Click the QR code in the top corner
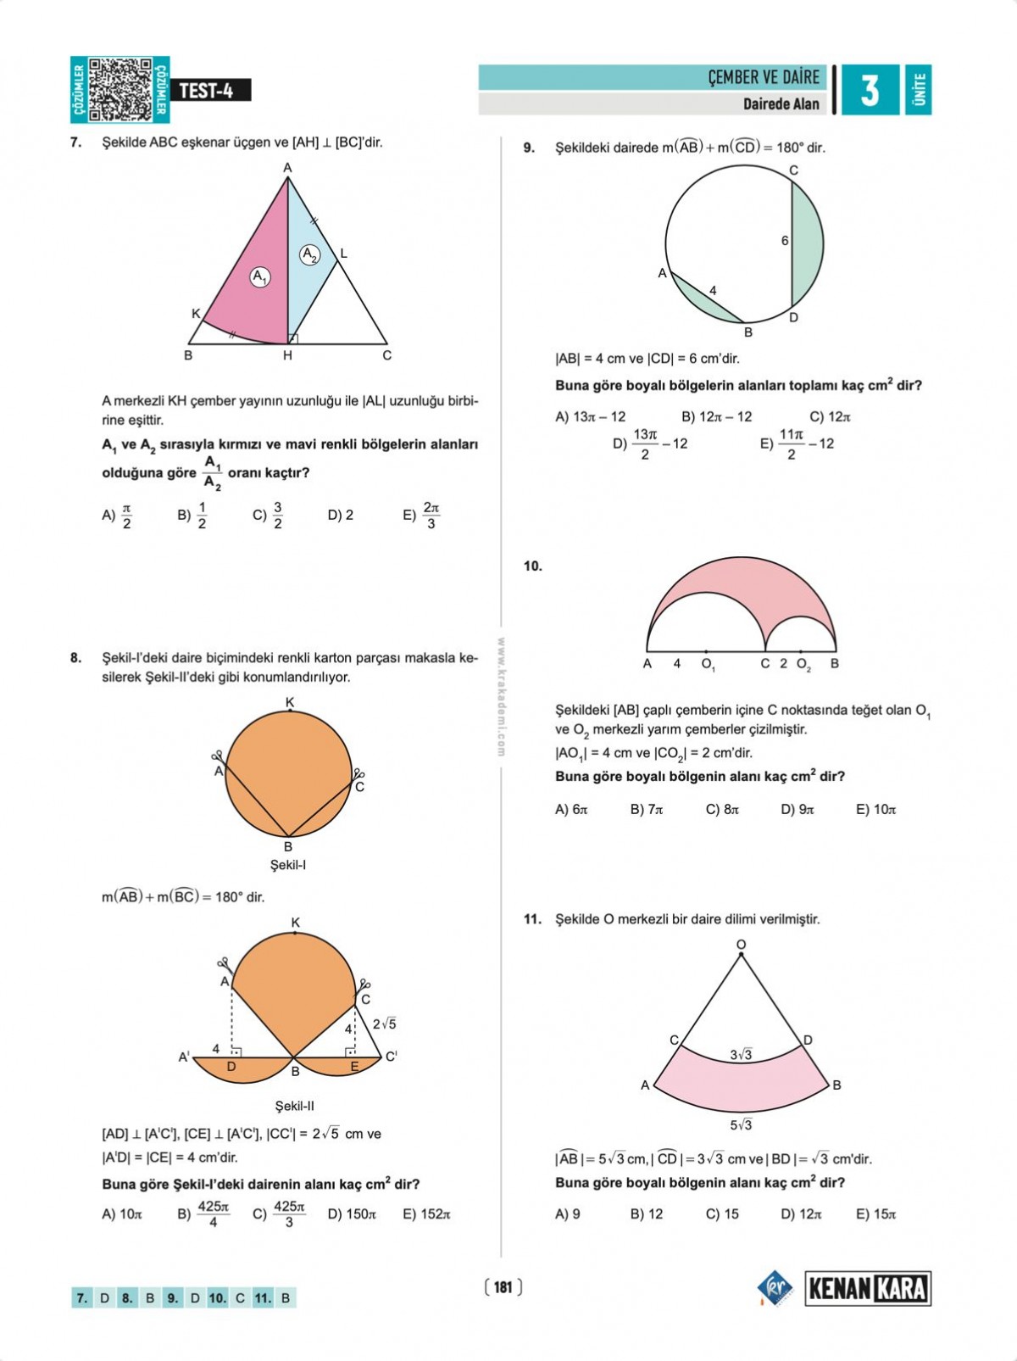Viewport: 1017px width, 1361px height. coord(119,89)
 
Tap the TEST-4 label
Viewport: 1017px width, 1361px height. coord(206,91)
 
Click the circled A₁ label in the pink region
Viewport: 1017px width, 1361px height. coord(260,276)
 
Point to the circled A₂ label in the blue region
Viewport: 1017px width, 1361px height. coord(311,254)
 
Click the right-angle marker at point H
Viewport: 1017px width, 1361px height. coord(293,339)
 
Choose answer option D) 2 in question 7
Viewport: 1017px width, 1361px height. coord(341,515)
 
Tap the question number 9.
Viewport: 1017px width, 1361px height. coord(529,148)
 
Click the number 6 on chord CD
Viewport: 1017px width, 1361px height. coord(785,241)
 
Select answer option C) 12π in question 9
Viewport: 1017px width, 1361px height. coord(830,416)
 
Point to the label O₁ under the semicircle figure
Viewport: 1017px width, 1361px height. coord(709,665)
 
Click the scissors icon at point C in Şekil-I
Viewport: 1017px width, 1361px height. coord(358,774)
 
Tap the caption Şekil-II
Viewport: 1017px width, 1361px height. coord(294,1106)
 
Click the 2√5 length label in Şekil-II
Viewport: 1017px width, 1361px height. coord(384,1024)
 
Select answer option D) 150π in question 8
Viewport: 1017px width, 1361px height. coord(352,1214)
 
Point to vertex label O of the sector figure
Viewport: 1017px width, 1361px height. coord(741,945)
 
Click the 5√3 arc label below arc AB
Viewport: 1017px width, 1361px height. coord(741,1124)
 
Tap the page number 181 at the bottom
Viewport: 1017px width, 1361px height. coord(503,1287)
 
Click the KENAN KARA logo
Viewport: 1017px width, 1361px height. coord(867,1289)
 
